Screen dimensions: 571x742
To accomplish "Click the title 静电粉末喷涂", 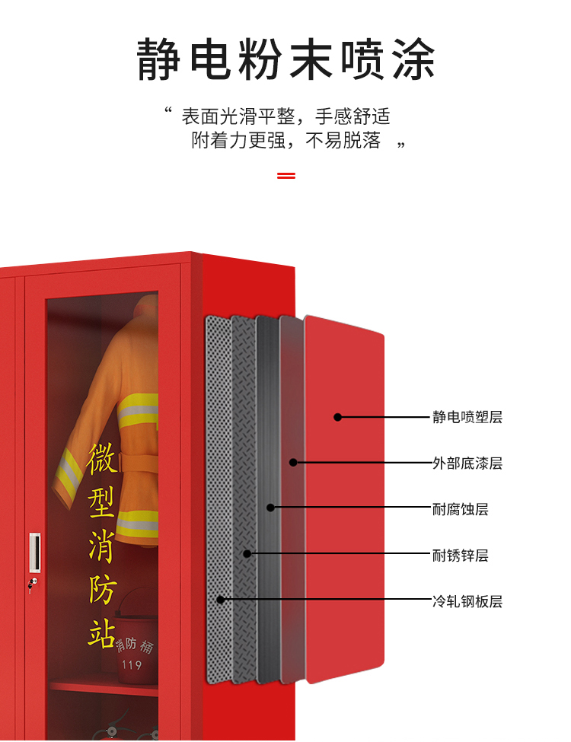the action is coord(285,59).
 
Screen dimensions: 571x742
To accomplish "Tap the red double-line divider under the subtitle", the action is coord(286,176).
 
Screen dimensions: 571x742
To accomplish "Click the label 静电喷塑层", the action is coord(467,417).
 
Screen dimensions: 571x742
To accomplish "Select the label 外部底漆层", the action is coord(467,463).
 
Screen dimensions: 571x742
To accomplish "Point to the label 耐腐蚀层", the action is coord(460,509).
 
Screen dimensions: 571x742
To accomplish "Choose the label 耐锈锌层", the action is coord(460,555).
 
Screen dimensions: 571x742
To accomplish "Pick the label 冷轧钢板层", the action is coord(467,601).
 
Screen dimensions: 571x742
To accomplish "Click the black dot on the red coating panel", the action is coord(337,417).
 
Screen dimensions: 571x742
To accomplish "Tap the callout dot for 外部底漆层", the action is coord(294,463).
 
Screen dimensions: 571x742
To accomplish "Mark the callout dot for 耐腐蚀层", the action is coord(270,508).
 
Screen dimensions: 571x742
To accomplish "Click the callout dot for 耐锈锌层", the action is coord(247,554).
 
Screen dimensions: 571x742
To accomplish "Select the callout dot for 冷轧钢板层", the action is coord(221,600).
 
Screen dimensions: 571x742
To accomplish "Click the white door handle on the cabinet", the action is coord(35,553).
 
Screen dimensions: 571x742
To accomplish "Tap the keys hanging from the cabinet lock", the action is coord(31,586).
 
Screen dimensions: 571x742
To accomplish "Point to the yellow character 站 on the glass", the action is coord(101,632).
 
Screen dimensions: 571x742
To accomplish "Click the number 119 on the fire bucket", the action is coord(132,665).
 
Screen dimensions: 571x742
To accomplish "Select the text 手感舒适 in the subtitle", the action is coord(352,116).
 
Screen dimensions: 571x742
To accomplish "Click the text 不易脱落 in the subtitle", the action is coord(343,140).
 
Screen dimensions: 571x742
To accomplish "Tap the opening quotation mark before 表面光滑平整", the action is coord(167,111).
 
